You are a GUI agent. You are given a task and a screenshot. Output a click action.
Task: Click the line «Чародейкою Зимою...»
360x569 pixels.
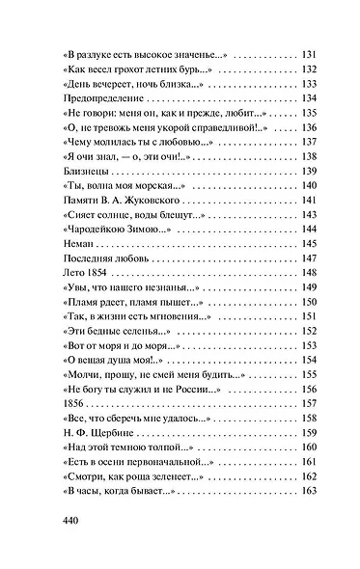point(112,230)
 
